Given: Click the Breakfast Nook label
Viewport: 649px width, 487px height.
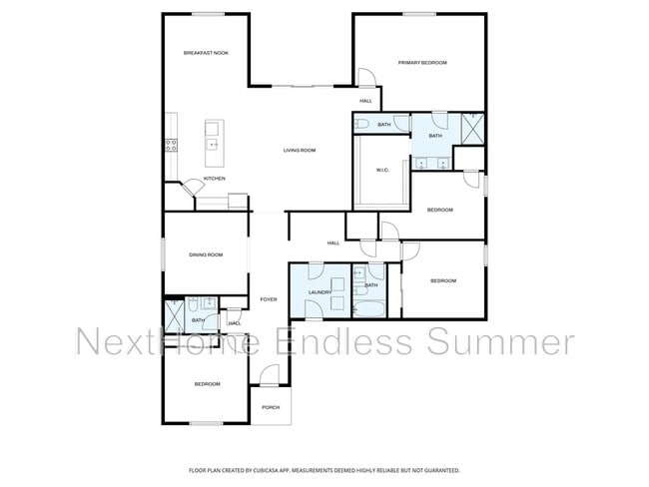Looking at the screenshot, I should coord(206,52).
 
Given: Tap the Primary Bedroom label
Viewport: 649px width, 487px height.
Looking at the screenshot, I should coord(422,63).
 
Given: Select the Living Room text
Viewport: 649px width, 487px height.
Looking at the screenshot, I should coord(299,150).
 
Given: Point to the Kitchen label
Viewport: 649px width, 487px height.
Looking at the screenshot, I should coord(215,179).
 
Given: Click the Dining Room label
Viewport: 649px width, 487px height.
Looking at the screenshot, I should coord(206,254).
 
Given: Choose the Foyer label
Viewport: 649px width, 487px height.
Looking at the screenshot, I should coord(269,299).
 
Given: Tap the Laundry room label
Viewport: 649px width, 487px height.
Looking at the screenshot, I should coord(320,292).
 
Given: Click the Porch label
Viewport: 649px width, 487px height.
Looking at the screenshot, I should coord(270,407).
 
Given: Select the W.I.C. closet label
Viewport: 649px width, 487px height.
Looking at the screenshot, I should coord(381,170).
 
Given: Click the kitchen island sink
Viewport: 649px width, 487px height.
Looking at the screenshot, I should coord(213,145).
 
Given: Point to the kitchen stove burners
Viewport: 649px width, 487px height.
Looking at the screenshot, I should coord(171,144).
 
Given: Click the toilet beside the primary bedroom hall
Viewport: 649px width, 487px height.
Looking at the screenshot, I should coord(362,124).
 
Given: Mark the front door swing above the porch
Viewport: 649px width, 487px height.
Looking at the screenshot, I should coord(269,377).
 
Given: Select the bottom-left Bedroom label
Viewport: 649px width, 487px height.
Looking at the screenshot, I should coord(207,383).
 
